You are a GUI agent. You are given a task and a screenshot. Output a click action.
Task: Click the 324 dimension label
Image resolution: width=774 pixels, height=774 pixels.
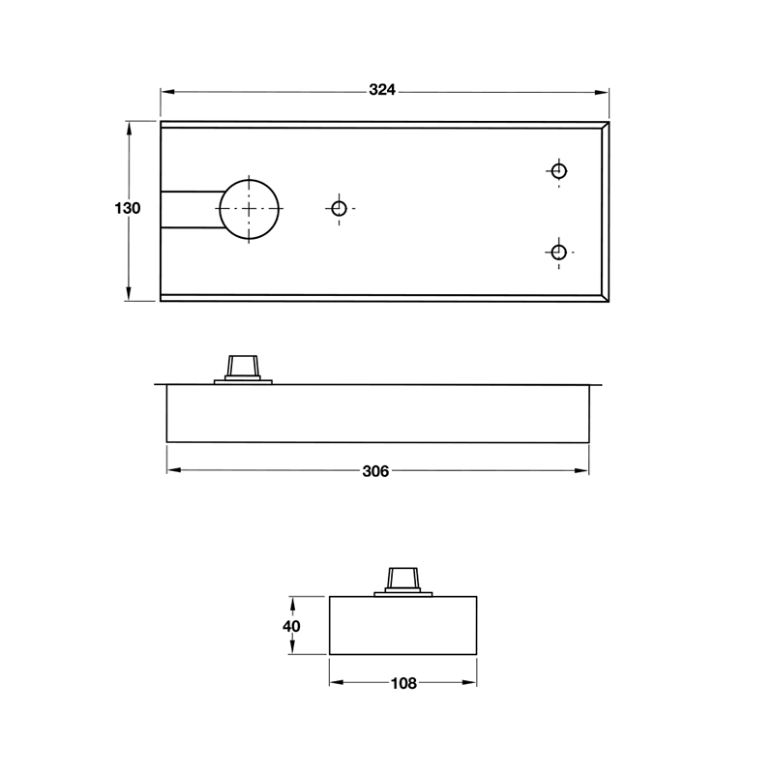coord(383,91)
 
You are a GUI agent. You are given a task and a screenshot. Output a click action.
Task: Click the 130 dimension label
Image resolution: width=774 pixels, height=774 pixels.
coord(128,209)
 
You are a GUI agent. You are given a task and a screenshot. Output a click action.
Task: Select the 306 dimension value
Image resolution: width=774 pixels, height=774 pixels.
coord(375,471)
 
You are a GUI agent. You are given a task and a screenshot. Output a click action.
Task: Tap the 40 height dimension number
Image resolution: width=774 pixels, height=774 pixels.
coord(291,626)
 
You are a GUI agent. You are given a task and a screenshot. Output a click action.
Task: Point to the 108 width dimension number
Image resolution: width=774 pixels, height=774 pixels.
coord(402,683)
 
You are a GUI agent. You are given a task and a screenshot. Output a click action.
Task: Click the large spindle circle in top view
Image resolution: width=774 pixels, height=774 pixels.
coord(249,209)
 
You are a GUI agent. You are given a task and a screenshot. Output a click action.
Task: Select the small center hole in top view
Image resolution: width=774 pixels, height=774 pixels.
coord(339,209)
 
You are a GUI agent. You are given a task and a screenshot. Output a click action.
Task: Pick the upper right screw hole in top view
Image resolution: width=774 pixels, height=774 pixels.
coord(557,171)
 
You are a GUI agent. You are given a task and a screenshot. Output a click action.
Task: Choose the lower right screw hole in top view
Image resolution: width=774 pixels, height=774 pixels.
coord(557,253)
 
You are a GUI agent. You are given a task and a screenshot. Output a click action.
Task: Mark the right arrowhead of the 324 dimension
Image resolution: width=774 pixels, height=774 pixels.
coord(604,91)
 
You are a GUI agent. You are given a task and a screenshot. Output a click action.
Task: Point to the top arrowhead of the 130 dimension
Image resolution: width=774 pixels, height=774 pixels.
coord(128,127)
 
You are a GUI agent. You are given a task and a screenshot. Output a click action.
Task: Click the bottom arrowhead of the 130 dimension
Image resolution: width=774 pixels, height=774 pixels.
coord(128,295)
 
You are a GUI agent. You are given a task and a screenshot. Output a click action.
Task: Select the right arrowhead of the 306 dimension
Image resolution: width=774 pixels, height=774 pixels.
coord(583,471)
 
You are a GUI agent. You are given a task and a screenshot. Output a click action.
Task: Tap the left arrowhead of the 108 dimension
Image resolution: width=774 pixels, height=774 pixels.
coord(336,683)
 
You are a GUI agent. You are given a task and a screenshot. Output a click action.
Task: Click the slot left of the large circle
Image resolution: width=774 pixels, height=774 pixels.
coord(189,209)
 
